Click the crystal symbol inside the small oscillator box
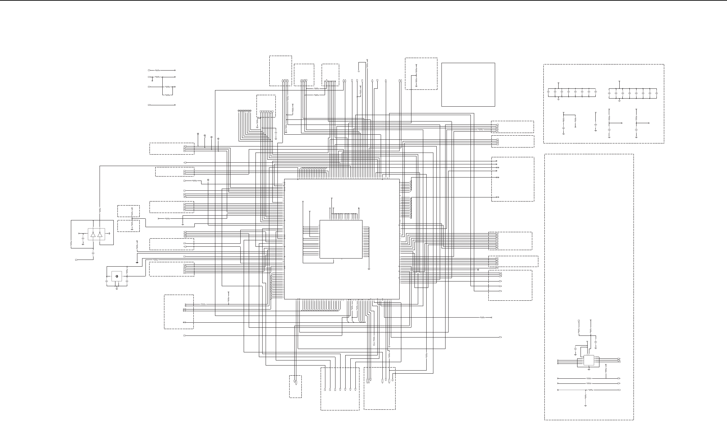click(116, 276)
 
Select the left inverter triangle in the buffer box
click(93, 234)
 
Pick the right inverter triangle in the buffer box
click(100, 234)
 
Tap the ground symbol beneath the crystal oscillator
click(117, 289)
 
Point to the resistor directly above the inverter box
click(100, 210)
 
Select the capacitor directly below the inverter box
click(93, 252)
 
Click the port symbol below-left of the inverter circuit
click(77, 260)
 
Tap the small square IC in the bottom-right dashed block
click(589, 360)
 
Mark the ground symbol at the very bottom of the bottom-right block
click(586, 405)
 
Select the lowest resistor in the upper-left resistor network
click(168, 95)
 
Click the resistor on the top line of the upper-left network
click(157, 71)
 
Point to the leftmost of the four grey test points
click(198, 134)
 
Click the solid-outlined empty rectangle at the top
click(468, 84)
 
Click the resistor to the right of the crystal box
click(127, 271)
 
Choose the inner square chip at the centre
click(341, 239)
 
